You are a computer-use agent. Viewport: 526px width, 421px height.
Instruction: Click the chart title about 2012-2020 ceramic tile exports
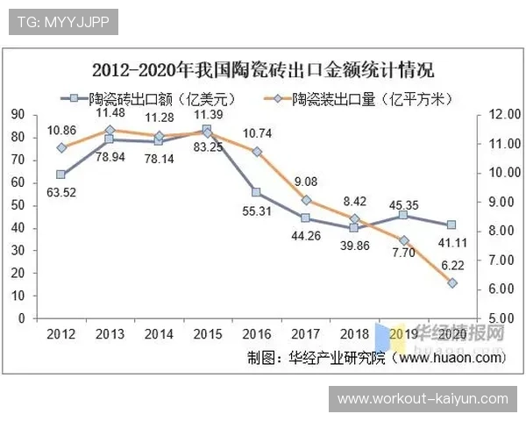click(263, 69)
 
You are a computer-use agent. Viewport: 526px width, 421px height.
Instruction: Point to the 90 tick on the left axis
click(18, 114)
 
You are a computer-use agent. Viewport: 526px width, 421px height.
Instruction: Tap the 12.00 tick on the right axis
click(501, 114)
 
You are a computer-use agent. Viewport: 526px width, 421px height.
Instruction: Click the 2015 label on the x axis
click(208, 334)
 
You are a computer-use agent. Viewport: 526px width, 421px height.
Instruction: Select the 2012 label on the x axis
click(61, 334)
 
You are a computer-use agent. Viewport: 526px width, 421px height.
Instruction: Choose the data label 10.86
click(60, 130)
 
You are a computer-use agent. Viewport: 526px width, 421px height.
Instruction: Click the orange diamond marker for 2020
click(452, 283)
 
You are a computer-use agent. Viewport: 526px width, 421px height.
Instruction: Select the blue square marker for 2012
click(61, 175)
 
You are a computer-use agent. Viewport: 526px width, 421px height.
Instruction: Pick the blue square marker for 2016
click(256, 192)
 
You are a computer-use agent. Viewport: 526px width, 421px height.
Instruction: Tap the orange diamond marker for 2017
click(305, 200)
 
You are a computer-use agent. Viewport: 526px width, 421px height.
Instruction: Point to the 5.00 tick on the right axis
click(501, 318)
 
